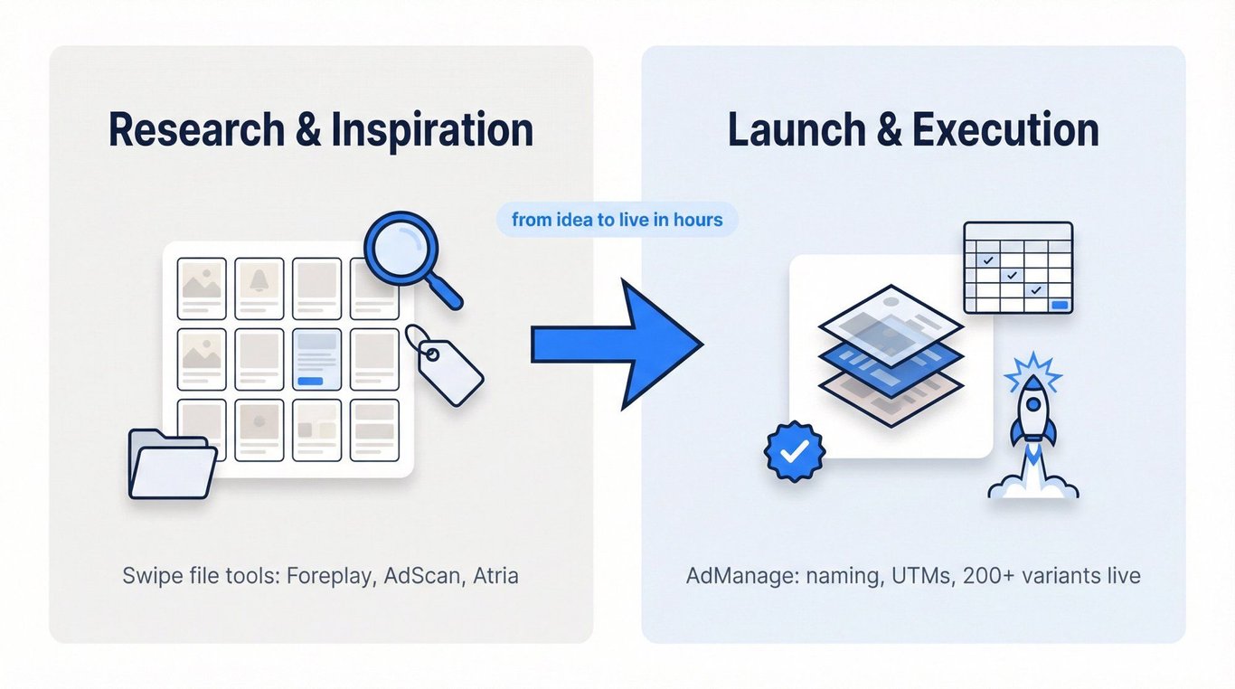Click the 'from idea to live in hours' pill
point(617,220)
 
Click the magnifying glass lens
point(401,249)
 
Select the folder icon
point(171,464)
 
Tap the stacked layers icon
point(891,354)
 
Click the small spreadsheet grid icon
point(1018,268)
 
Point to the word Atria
point(495,576)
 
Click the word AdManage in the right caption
point(731,576)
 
